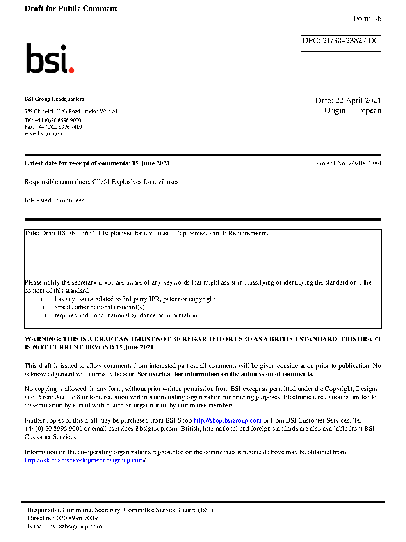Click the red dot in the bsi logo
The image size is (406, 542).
click(71, 70)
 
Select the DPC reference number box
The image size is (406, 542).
click(341, 44)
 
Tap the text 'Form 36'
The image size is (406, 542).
click(367, 18)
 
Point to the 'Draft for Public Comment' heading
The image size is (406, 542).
click(71, 9)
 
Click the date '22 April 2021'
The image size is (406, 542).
click(358, 101)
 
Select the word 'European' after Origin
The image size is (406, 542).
click(365, 110)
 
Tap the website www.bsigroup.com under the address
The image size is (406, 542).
click(46, 133)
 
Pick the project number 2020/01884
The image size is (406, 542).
click(365, 163)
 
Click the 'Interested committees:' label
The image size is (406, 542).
click(55, 200)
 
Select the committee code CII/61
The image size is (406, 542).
click(101, 182)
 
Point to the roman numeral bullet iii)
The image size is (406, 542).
click(42, 315)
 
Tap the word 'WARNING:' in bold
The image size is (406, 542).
click(43, 339)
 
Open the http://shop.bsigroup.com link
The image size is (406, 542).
click(227, 420)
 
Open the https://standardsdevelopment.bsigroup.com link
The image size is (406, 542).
click(85, 460)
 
